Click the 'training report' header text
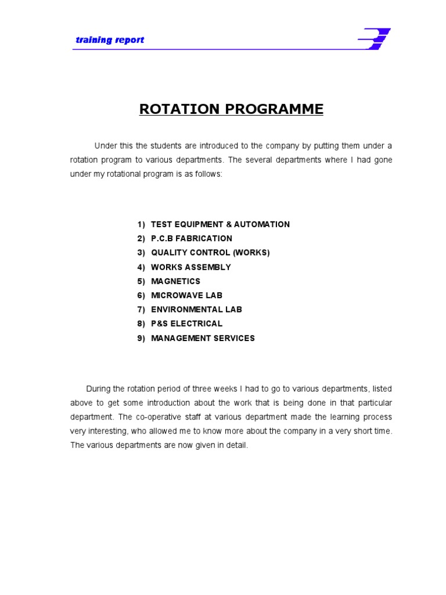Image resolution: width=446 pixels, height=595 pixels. coord(110,40)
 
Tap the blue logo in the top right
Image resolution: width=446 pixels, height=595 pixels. coord(374,40)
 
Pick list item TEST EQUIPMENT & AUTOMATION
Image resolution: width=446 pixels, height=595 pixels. coord(220,224)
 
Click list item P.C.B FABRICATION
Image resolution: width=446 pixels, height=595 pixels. coord(191,238)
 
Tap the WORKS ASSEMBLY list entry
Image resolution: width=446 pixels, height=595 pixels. coord(190,267)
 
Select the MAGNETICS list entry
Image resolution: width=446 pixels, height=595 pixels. coord(175,281)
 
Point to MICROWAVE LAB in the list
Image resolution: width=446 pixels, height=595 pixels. coord(186,295)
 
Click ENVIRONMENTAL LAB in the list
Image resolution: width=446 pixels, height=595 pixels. coord(196,310)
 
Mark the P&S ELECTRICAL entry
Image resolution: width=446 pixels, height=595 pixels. coord(186,324)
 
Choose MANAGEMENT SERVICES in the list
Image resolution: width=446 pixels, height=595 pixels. coord(203,338)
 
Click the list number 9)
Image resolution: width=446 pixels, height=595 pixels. coord(141,338)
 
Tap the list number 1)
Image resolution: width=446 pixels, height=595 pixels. coord(141,224)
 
